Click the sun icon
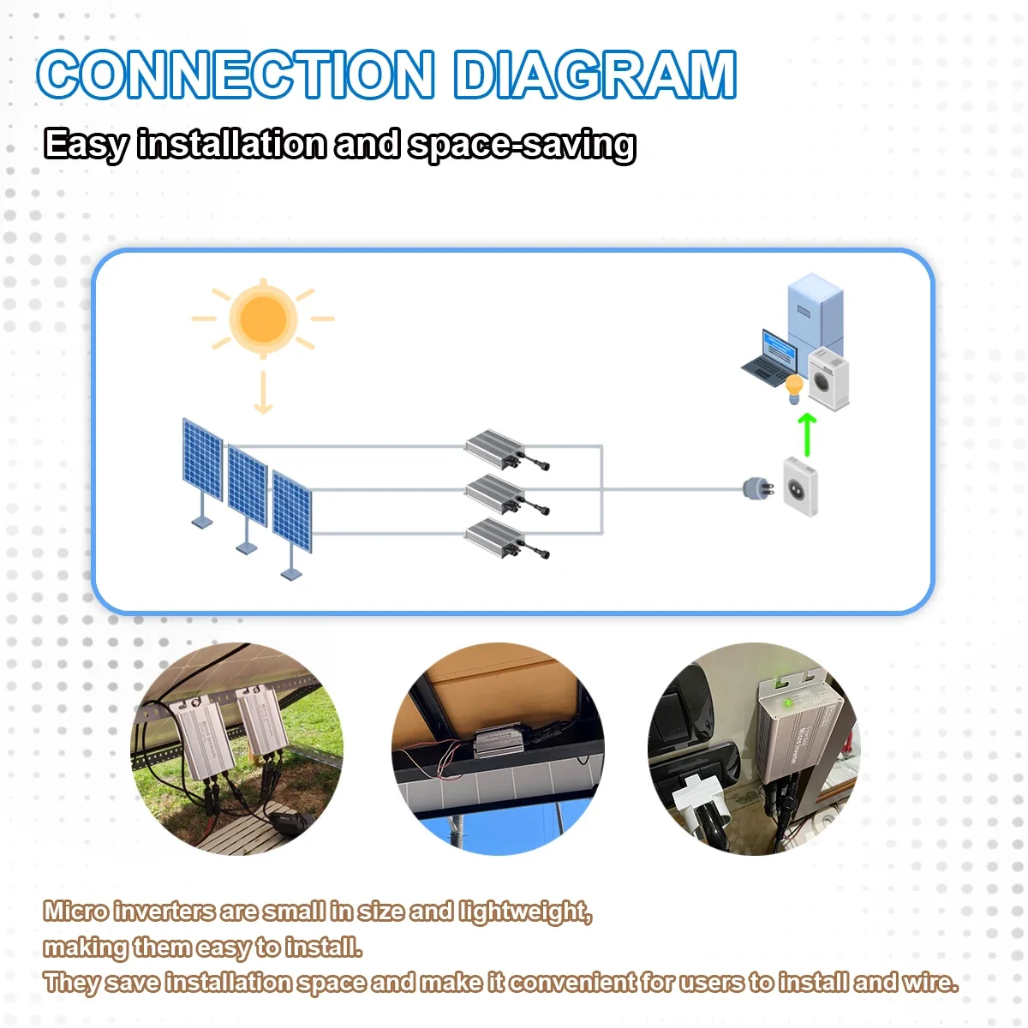coord(263,319)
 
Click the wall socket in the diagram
coord(800,487)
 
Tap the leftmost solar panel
coord(202,460)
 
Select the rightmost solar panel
coord(292,511)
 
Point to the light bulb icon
coord(794,388)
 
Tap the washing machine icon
coord(828,379)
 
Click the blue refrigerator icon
coord(815,312)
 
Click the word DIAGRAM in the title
coord(595,75)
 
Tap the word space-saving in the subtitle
coord(522,145)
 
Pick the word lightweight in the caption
coord(524,911)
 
